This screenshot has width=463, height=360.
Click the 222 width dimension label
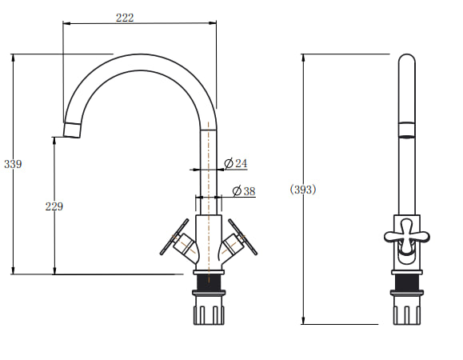pos(125,18)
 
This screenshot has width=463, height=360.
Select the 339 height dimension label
pos(13,164)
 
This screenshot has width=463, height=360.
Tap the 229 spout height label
pos(54,206)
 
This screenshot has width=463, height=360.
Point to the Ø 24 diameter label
pos(236,163)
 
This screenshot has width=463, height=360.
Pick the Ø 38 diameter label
pos(244,191)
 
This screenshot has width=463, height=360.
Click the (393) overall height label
pos(303,190)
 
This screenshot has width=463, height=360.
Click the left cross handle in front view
pos(178,240)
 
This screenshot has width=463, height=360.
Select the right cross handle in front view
pos(240,240)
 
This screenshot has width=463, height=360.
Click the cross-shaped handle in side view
pos(406,235)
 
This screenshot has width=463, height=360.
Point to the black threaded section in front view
pos(209,282)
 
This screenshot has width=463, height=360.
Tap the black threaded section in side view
pos(406,282)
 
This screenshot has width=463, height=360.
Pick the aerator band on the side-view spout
pos(406,129)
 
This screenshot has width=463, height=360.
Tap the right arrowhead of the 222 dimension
pos(212,22)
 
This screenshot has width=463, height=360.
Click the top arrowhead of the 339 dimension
pos(13,58)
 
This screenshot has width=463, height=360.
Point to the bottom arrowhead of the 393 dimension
pos(303,320)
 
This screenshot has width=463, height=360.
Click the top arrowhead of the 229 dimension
pos(54,141)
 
